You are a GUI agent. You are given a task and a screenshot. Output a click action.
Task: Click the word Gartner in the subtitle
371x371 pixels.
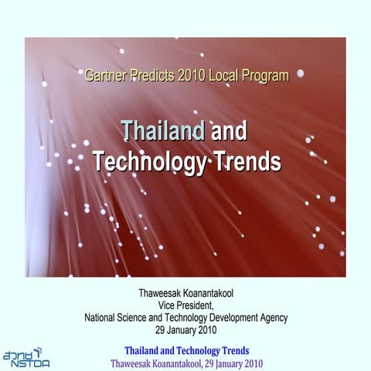105,76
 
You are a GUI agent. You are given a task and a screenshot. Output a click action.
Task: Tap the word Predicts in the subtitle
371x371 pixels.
152,76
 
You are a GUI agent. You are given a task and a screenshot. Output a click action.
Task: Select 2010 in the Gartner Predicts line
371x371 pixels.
192,76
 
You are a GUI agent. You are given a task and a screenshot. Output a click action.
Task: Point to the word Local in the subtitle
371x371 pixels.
227,76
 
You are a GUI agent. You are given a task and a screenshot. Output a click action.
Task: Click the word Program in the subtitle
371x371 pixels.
267,76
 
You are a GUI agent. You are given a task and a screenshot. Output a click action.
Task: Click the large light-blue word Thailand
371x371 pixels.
163,131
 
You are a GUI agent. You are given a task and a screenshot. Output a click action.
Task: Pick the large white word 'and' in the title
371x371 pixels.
229,131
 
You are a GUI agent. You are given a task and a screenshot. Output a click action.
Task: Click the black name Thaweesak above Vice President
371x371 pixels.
161,294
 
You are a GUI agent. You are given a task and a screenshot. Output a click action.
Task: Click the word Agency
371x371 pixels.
272,318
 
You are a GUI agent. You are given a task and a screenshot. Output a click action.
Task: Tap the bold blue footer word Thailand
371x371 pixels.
145,350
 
